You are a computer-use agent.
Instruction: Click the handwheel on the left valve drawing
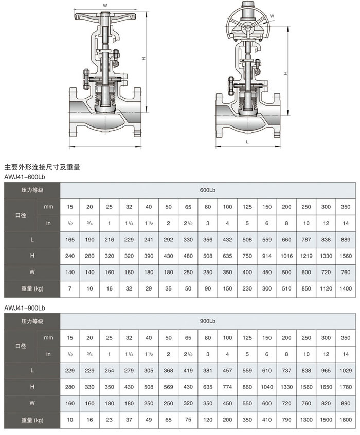tap(105, 17)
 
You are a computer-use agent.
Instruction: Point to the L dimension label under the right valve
tap(247, 141)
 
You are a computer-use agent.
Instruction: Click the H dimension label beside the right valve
tap(285, 74)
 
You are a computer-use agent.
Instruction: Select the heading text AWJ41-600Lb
tap(25, 177)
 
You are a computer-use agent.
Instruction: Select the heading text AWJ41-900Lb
tap(25, 307)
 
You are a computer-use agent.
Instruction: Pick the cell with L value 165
tap(70, 240)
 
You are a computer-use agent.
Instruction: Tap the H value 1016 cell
tap(286, 256)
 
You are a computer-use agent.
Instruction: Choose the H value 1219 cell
tap(307, 256)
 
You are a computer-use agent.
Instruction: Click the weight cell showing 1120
tap(326, 288)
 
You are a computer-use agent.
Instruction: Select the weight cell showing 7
tap(70, 288)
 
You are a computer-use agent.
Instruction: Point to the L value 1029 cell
tap(346, 370)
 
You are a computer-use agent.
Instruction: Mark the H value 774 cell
tap(227, 387)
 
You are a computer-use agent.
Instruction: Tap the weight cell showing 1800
tap(346, 419)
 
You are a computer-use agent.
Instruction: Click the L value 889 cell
tap(346, 240)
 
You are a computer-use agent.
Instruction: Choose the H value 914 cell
tap(267, 256)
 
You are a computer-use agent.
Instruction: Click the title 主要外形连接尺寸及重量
tap(42, 167)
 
